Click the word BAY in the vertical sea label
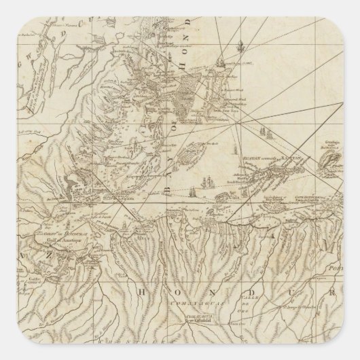click(165, 181)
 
